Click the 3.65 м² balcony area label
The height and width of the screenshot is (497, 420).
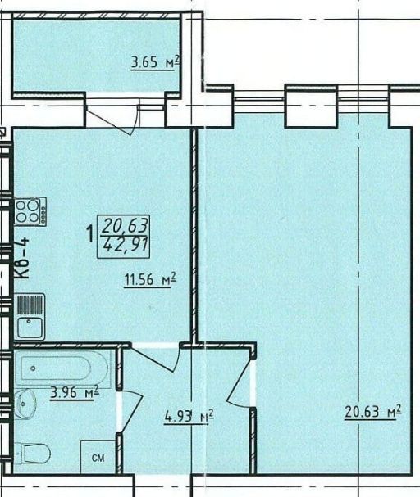click(155, 62)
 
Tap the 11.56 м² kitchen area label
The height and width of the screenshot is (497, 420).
click(150, 279)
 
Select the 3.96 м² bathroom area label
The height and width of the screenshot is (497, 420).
click(75, 392)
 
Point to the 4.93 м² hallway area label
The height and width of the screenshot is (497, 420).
click(189, 416)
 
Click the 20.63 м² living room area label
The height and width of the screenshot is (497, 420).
click(373, 411)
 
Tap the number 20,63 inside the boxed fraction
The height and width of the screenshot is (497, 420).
click(125, 226)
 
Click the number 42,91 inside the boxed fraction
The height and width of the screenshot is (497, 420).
click(126, 245)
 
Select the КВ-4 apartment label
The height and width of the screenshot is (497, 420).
click(23, 259)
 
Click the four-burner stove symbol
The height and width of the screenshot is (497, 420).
click(30, 211)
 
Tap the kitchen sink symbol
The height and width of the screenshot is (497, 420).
click(30, 317)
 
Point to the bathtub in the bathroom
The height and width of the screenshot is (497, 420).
click(62, 368)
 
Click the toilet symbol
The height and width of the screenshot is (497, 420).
click(32, 453)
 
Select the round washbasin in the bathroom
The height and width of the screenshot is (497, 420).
click(25, 404)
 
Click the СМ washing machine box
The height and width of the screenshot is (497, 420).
click(98, 457)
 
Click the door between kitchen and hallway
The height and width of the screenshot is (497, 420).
click(156, 357)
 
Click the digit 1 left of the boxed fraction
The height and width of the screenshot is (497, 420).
click(90, 234)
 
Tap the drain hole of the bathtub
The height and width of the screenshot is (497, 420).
click(33, 368)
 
